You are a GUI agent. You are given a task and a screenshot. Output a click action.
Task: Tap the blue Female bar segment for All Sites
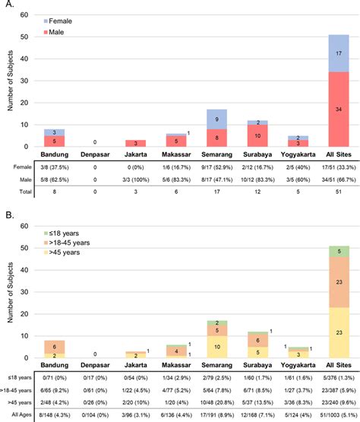[x=338, y=52]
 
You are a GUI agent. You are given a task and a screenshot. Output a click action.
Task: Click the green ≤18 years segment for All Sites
[x=338, y=271]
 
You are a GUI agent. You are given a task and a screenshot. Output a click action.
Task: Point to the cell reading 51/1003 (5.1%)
[x=334, y=415]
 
